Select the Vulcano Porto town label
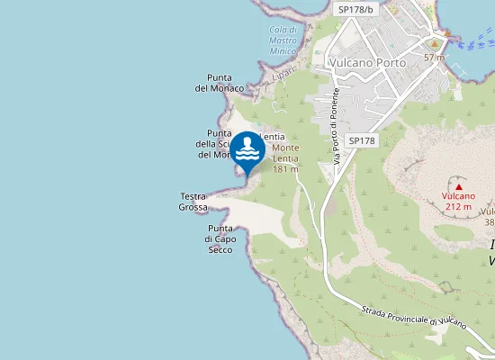pyautogui.click(x=367, y=63)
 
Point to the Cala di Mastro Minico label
pyautogui.click(x=283, y=40)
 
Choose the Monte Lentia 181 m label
pyautogui.click(x=285, y=157)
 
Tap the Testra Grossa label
pyautogui.click(x=193, y=202)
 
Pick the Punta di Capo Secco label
pyautogui.click(x=220, y=238)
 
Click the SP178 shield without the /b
pyautogui.click(x=360, y=140)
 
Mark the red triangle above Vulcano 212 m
pyautogui.click(x=458, y=186)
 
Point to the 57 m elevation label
pyautogui.click(x=435, y=58)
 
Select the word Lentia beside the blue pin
pyautogui.click(x=273, y=136)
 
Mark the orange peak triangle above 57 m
pyautogui.click(x=435, y=43)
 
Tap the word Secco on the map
pyautogui.click(x=220, y=249)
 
